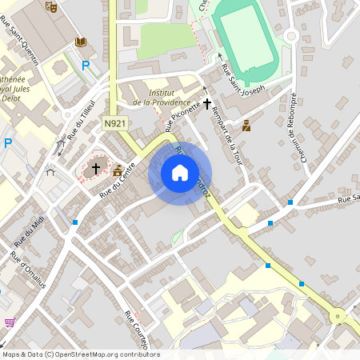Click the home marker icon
coord(180,172)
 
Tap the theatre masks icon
coord(52,6)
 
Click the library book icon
coord(80,42)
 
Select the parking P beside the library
coord(86,66)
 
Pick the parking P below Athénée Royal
coord(8,143)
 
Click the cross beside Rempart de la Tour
coord(207,103)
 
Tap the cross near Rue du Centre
coord(96,169)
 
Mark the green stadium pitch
coord(246,39)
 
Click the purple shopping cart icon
coord(10,322)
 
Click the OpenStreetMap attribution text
coord(81,354)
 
